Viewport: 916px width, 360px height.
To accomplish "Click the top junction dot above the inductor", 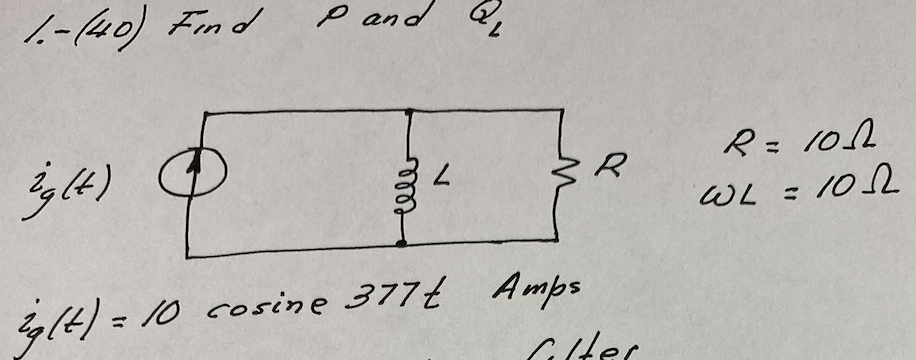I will pos(408,110).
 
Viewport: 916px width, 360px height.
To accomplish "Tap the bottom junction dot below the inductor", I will pos(403,242).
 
